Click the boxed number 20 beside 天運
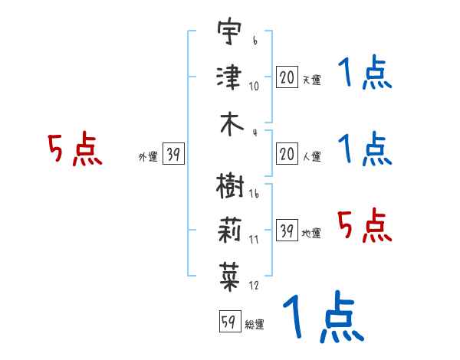point(287,77)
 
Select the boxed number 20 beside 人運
point(287,155)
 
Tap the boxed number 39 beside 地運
point(287,231)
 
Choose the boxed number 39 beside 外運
point(173,155)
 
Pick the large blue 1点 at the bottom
point(322,316)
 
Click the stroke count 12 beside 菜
point(254,285)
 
